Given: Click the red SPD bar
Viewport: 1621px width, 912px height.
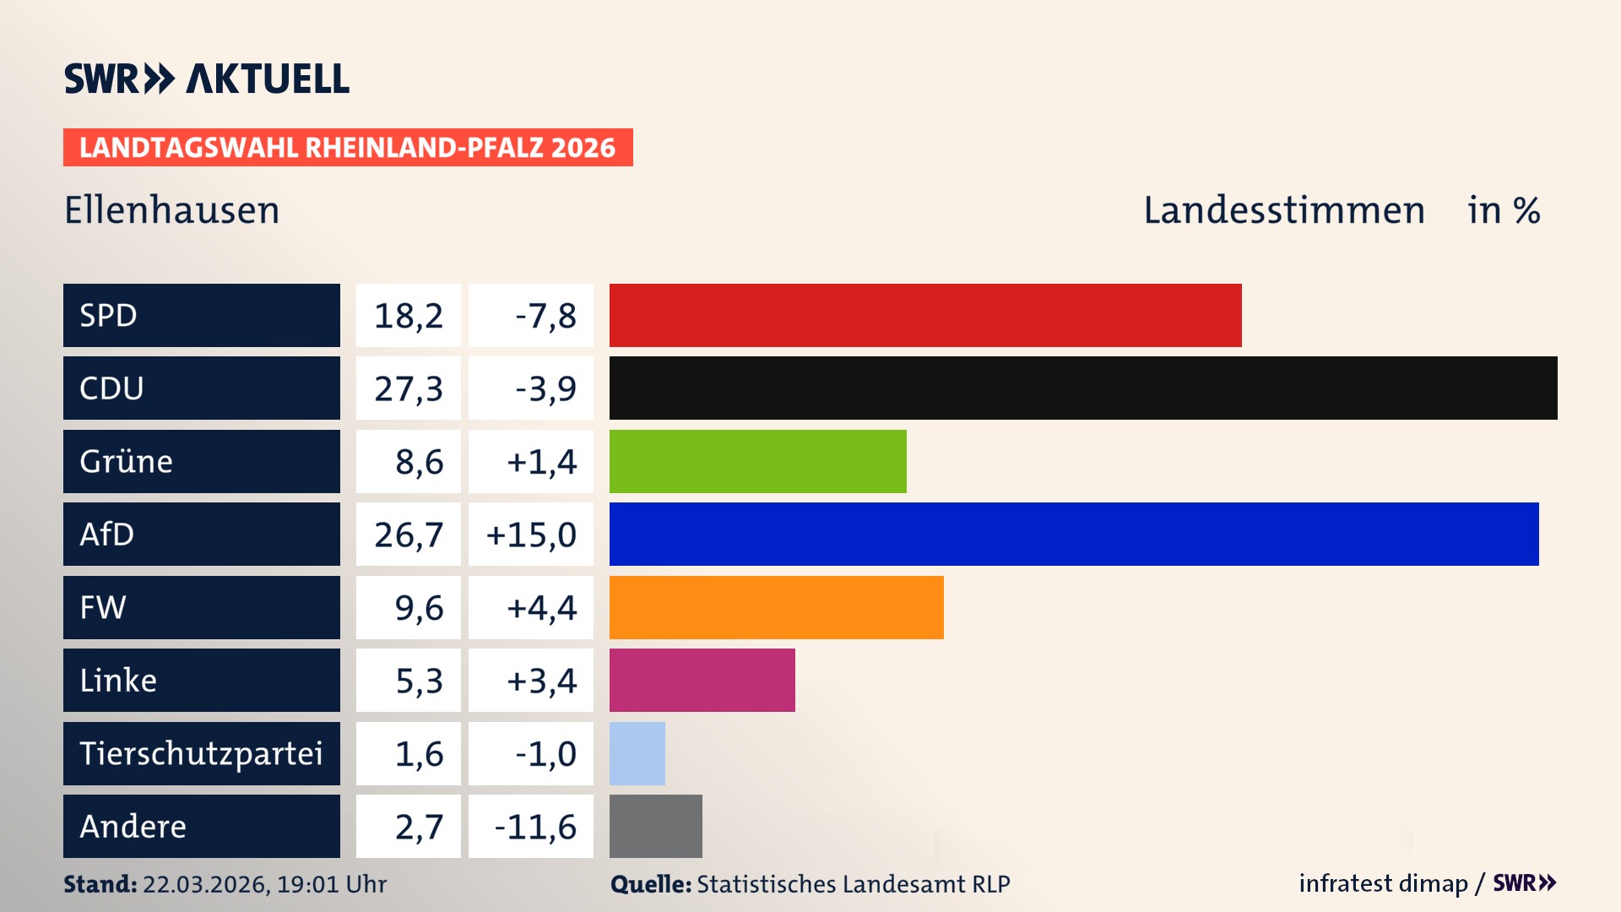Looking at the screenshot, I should (x=924, y=315).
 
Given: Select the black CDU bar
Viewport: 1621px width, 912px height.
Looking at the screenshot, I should (x=1082, y=388).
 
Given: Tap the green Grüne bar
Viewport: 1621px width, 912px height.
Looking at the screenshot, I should (x=757, y=461).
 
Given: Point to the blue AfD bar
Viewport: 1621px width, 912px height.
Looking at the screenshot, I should (x=1073, y=534).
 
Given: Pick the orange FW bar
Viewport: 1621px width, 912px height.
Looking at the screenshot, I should (x=776, y=607).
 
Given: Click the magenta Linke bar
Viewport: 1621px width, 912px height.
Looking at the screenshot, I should (x=702, y=680).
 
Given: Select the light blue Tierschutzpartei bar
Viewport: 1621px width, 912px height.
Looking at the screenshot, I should (x=637, y=753).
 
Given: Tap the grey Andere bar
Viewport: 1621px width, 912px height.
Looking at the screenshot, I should (x=655, y=826).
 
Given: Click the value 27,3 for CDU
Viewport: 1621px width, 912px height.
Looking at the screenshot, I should (x=409, y=388).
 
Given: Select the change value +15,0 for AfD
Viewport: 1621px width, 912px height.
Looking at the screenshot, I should (x=531, y=535).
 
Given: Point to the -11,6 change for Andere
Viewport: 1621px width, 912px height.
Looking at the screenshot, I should (x=534, y=827).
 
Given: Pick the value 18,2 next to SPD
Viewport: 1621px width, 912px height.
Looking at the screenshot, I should (x=409, y=316).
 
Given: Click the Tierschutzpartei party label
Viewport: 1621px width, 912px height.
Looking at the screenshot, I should (x=201, y=753).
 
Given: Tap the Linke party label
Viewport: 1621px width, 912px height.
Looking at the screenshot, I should (x=118, y=680).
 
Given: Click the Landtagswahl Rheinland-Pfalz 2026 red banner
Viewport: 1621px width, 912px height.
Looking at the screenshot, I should (x=347, y=148).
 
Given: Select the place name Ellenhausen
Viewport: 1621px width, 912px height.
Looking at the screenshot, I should (x=171, y=210).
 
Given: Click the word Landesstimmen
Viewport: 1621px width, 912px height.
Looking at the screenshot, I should (x=1283, y=210).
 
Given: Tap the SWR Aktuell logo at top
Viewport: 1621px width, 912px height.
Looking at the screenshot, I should (x=207, y=79).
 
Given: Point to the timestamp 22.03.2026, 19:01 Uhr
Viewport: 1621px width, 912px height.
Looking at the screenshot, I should (x=264, y=884).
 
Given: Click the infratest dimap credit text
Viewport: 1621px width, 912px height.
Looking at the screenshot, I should (x=1382, y=883).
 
